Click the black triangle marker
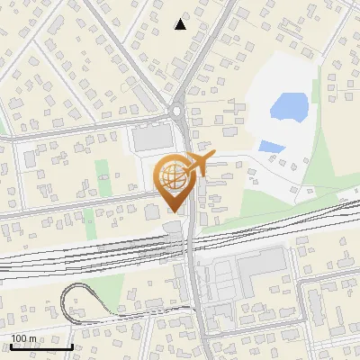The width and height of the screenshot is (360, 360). pos(181,24)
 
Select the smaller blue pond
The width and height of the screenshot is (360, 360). pos(270,146)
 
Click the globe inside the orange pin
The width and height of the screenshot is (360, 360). pos(172,175)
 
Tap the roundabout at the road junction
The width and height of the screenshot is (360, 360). pos(176,112)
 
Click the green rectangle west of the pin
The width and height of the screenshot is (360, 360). pos(103,173)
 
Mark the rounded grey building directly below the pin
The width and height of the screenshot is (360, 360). pos(174,226)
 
